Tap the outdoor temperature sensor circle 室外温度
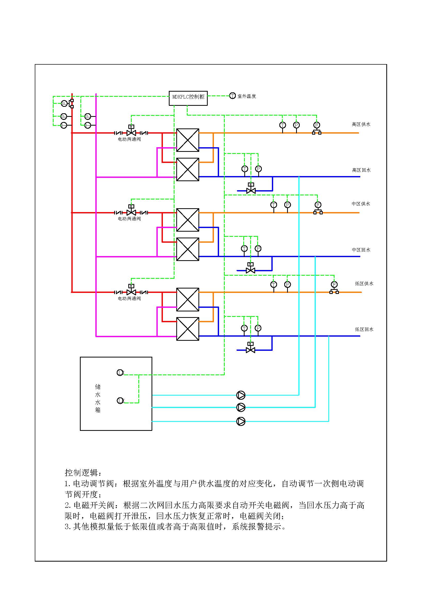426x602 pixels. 232,96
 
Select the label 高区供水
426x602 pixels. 361,124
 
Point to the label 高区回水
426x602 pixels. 361,170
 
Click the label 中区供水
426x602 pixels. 361,204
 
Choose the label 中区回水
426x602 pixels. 361,250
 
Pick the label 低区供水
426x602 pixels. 364,283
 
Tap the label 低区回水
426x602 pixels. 364,329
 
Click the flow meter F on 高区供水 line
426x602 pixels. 316,125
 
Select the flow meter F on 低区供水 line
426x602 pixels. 334,284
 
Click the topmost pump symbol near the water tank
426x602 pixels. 241,395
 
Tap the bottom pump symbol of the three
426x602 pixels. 241,421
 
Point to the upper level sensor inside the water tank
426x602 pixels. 120,373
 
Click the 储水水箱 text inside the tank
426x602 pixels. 98,398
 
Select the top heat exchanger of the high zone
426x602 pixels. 188,140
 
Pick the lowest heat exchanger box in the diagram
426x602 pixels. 188,329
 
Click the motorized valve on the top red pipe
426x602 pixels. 131,133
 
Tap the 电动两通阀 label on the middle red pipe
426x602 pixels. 129,219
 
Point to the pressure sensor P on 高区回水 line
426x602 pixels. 258,169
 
